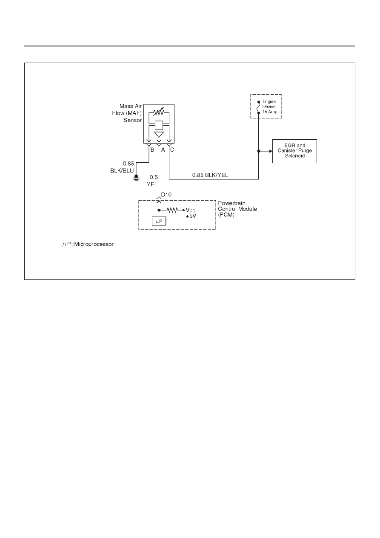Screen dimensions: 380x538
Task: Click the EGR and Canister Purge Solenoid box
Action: tap(294, 151)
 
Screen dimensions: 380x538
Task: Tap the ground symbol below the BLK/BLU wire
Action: tap(136, 178)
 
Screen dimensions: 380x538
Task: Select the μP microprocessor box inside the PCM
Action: tap(159, 221)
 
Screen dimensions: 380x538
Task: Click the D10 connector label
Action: tap(166, 195)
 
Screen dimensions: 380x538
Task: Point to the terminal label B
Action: tap(152, 150)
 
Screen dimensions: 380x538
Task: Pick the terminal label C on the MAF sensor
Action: tap(172, 150)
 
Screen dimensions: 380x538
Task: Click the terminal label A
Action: tap(163, 150)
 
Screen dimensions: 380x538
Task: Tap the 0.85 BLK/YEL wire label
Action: tap(210, 175)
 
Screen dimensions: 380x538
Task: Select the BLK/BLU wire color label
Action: tap(122, 171)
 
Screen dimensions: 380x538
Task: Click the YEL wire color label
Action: tap(152, 184)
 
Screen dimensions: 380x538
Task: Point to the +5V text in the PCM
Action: tap(191, 216)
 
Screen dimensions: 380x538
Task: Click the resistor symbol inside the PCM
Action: tap(172, 210)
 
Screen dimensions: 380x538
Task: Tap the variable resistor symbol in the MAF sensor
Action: tap(159, 112)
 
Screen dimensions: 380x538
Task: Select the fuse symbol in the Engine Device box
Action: tap(259, 107)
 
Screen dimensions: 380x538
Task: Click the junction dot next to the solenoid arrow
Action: tap(259, 151)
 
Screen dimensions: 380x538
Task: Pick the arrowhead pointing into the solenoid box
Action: tap(271, 151)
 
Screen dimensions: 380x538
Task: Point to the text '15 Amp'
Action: tap(270, 112)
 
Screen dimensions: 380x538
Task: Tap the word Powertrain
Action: tap(231, 203)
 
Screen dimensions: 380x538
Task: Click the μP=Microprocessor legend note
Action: tap(88, 244)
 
